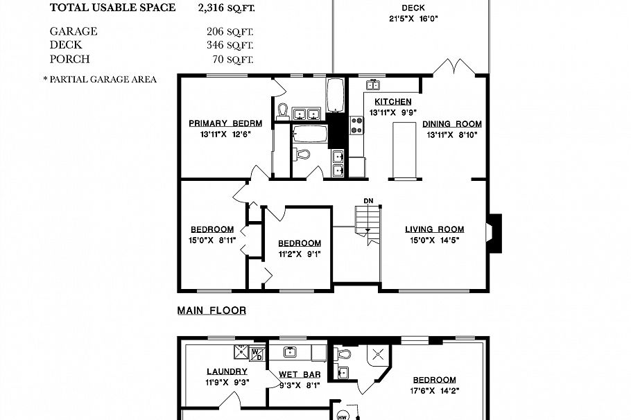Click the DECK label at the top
click(x=412, y=8)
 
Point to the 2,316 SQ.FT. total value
click(x=225, y=8)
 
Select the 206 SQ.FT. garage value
click(x=230, y=31)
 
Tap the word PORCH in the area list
click(x=69, y=59)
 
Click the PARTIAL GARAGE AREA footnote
click(x=100, y=79)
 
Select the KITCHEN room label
click(x=392, y=102)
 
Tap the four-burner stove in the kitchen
click(x=358, y=125)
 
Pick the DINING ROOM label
click(x=452, y=124)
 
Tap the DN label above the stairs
click(x=369, y=201)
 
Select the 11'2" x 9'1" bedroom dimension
click(x=300, y=254)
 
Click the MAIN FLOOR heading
click(x=211, y=310)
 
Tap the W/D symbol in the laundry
click(x=257, y=353)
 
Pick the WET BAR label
click(x=299, y=375)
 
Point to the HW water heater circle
click(x=342, y=417)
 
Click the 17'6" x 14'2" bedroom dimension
click(x=435, y=390)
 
